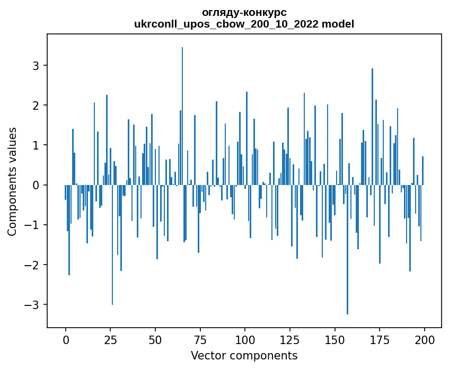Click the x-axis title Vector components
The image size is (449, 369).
tap(244, 355)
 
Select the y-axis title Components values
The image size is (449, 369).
tap(12, 181)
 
